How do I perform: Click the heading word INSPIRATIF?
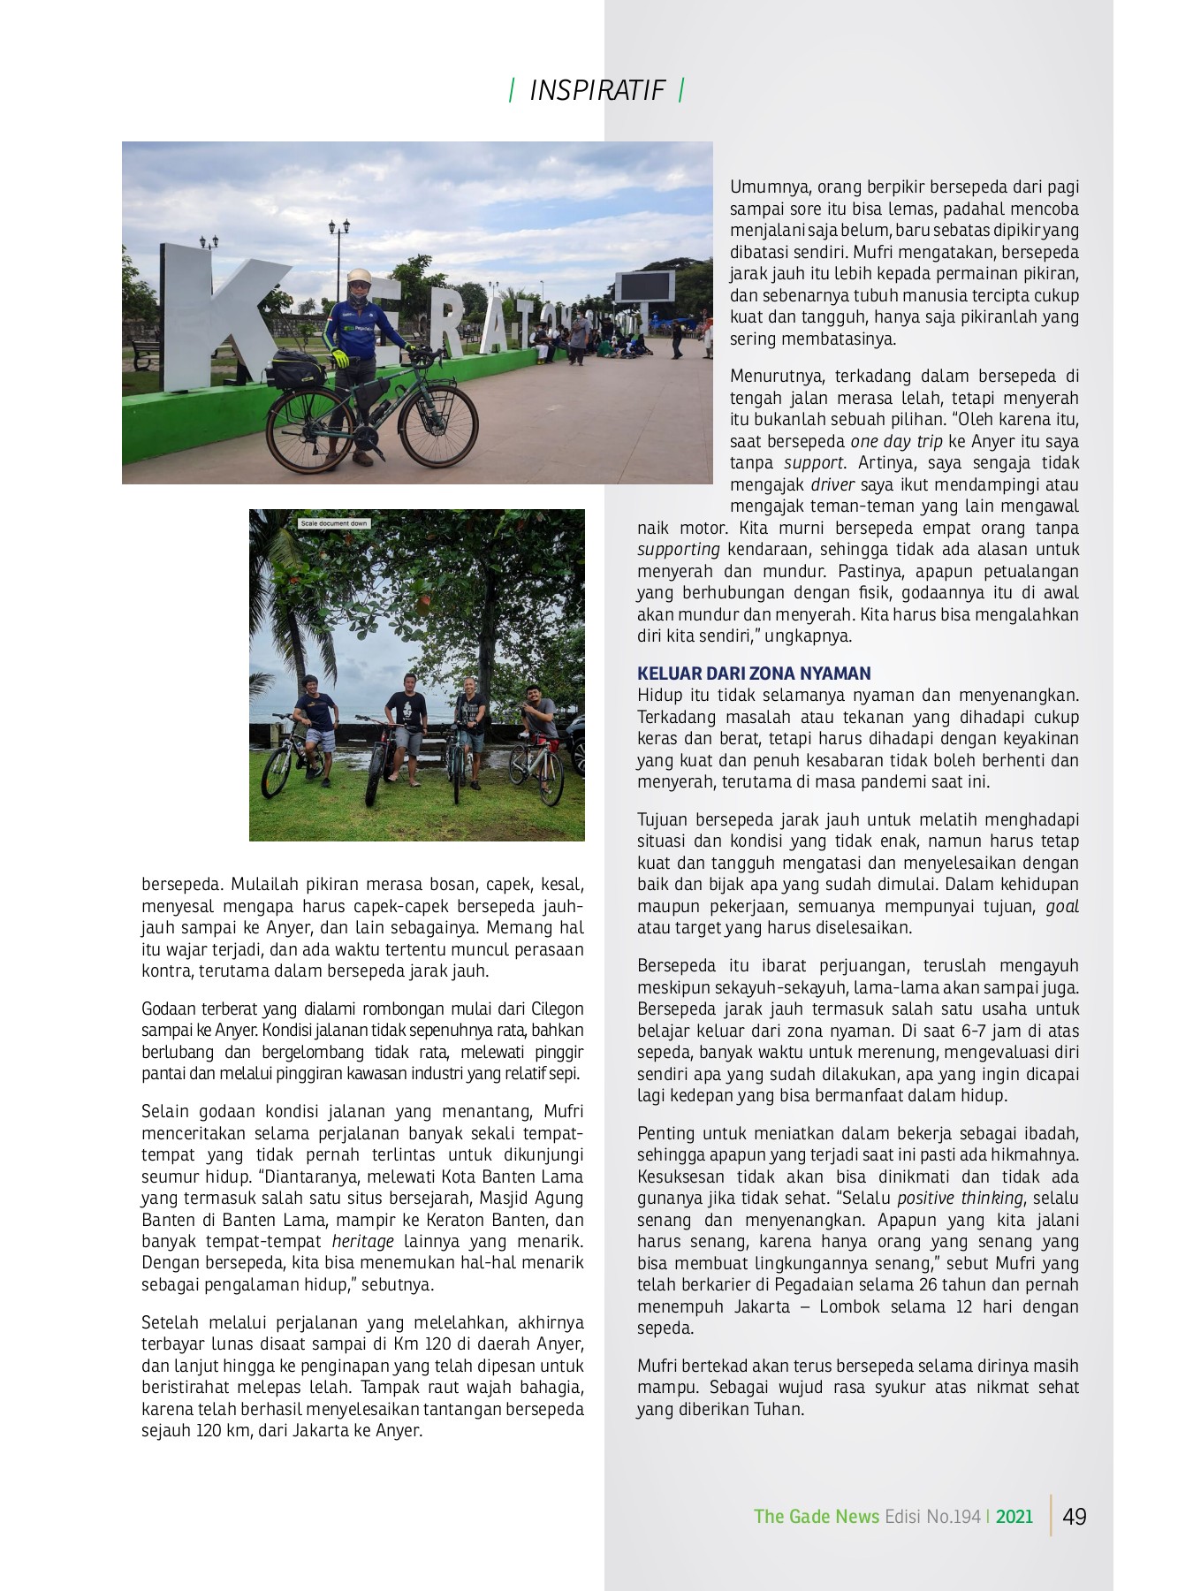click(x=596, y=90)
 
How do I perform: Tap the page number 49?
click(x=1075, y=1517)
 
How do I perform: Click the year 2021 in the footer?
click(x=1014, y=1517)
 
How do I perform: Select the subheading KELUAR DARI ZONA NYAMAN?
click(x=754, y=673)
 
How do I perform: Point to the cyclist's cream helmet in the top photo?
click(x=359, y=277)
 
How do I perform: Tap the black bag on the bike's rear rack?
click(x=295, y=368)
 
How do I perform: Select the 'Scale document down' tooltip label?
click(x=333, y=523)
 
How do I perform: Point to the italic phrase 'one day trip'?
click(x=896, y=441)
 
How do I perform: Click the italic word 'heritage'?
click(x=362, y=1241)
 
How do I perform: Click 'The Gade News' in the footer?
click(x=816, y=1517)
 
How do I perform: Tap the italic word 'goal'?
click(x=1062, y=906)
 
